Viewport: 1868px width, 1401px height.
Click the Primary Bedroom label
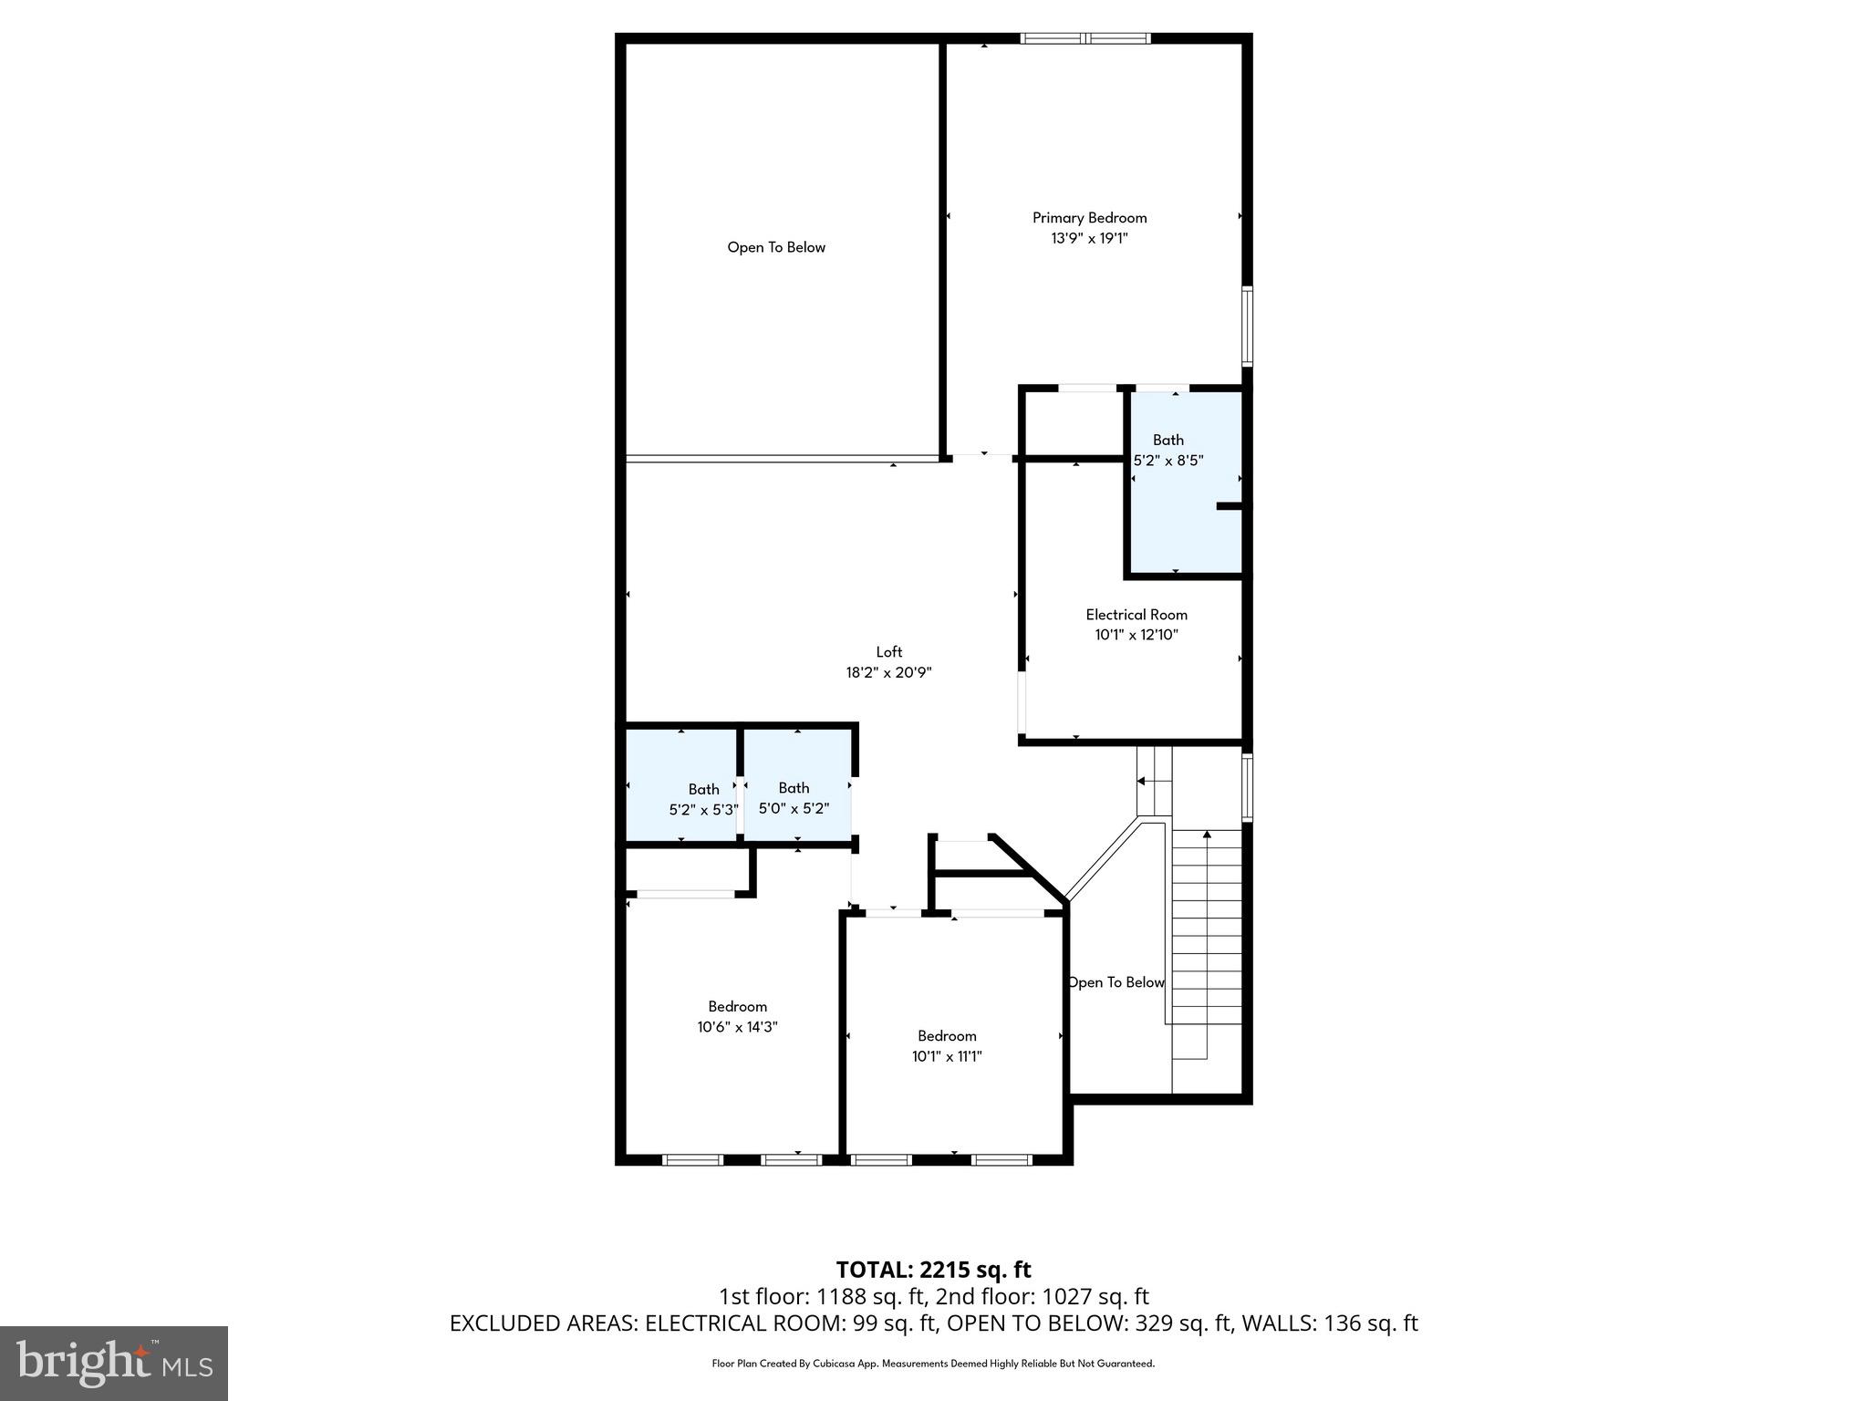[x=1089, y=217]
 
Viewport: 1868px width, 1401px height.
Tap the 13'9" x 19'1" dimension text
[x=1089, y=238]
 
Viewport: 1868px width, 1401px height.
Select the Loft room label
[x=888, y=651]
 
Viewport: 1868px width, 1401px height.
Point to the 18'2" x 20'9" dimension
[x=888, y=672]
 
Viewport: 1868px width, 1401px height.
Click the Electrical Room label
[x=1136, y=615]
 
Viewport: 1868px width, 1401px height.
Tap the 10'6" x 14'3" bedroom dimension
[x=737, y=1026]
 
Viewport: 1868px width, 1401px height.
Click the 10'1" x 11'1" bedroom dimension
[x=947, y=1056]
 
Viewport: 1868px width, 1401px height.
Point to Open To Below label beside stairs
[x=1116, y=982]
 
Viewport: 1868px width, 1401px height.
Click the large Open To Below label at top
[x=776, y=247]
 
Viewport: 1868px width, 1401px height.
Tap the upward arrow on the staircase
[x=1207, y=834]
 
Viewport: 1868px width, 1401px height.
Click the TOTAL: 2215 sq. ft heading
[x=933, y=1269]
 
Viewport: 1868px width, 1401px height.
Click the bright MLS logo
[x=114, y=1363]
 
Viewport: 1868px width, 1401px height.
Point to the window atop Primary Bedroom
[x=1084, y=38]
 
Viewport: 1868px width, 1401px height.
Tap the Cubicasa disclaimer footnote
[x=933, y=1364]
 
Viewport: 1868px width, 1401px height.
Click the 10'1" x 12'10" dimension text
[x=1136, y=635]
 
